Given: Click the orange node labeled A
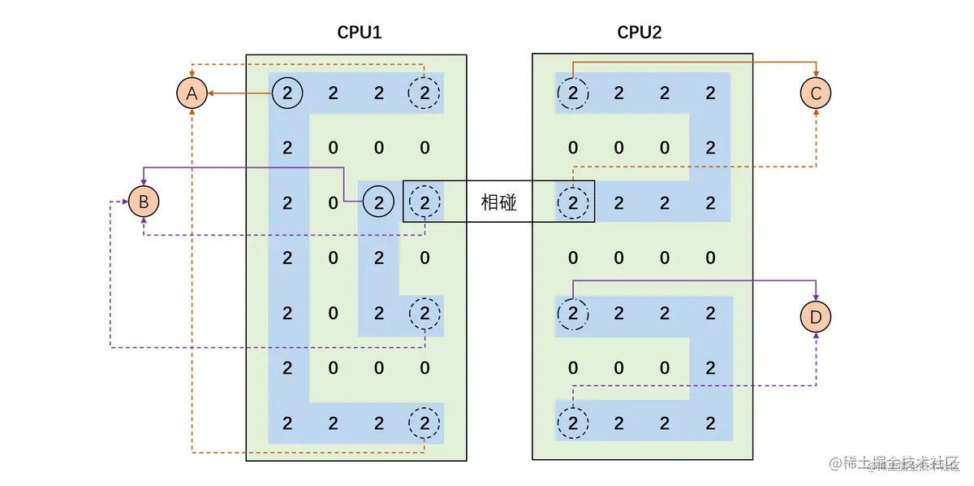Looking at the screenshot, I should pyautogui.click(x=192, y=93).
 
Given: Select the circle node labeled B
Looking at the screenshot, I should pyautogui.click(x=144, y=201).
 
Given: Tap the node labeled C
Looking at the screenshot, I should pyautogui.click(x=816, y=93).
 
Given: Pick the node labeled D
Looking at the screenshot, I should pyautogui.click(x=816, y=315).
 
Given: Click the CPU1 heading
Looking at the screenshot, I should pyautogui.click(x=359, y=33).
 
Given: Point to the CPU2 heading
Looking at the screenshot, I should pyautogui.click(x=640, y=33).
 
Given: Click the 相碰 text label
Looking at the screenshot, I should pyautogui.click(x=498, y=202).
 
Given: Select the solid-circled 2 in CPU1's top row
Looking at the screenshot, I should pyautogui.click(x=287, y=93).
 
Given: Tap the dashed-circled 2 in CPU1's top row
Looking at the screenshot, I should pyautogui.click(x=425, y=93).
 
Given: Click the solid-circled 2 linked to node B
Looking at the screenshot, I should pyautogui.click(x=378, y=202).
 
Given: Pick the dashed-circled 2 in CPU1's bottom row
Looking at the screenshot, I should pyautogui.click(x=425, y=423).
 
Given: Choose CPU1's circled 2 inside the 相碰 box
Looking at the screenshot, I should pyautogui.click(x=425, y=202).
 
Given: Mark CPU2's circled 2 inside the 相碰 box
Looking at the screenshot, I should pyautogui.click(x=573, y=202).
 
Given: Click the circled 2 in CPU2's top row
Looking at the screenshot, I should pyautogui.click(x=573, y=93).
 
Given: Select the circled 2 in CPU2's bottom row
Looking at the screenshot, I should pyautogui.click(x=573, y=423).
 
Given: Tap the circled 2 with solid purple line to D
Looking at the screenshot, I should pyautogui.click(x=573, y=313).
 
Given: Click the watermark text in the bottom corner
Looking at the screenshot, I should pyautogui.click(x=893, y=464).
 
